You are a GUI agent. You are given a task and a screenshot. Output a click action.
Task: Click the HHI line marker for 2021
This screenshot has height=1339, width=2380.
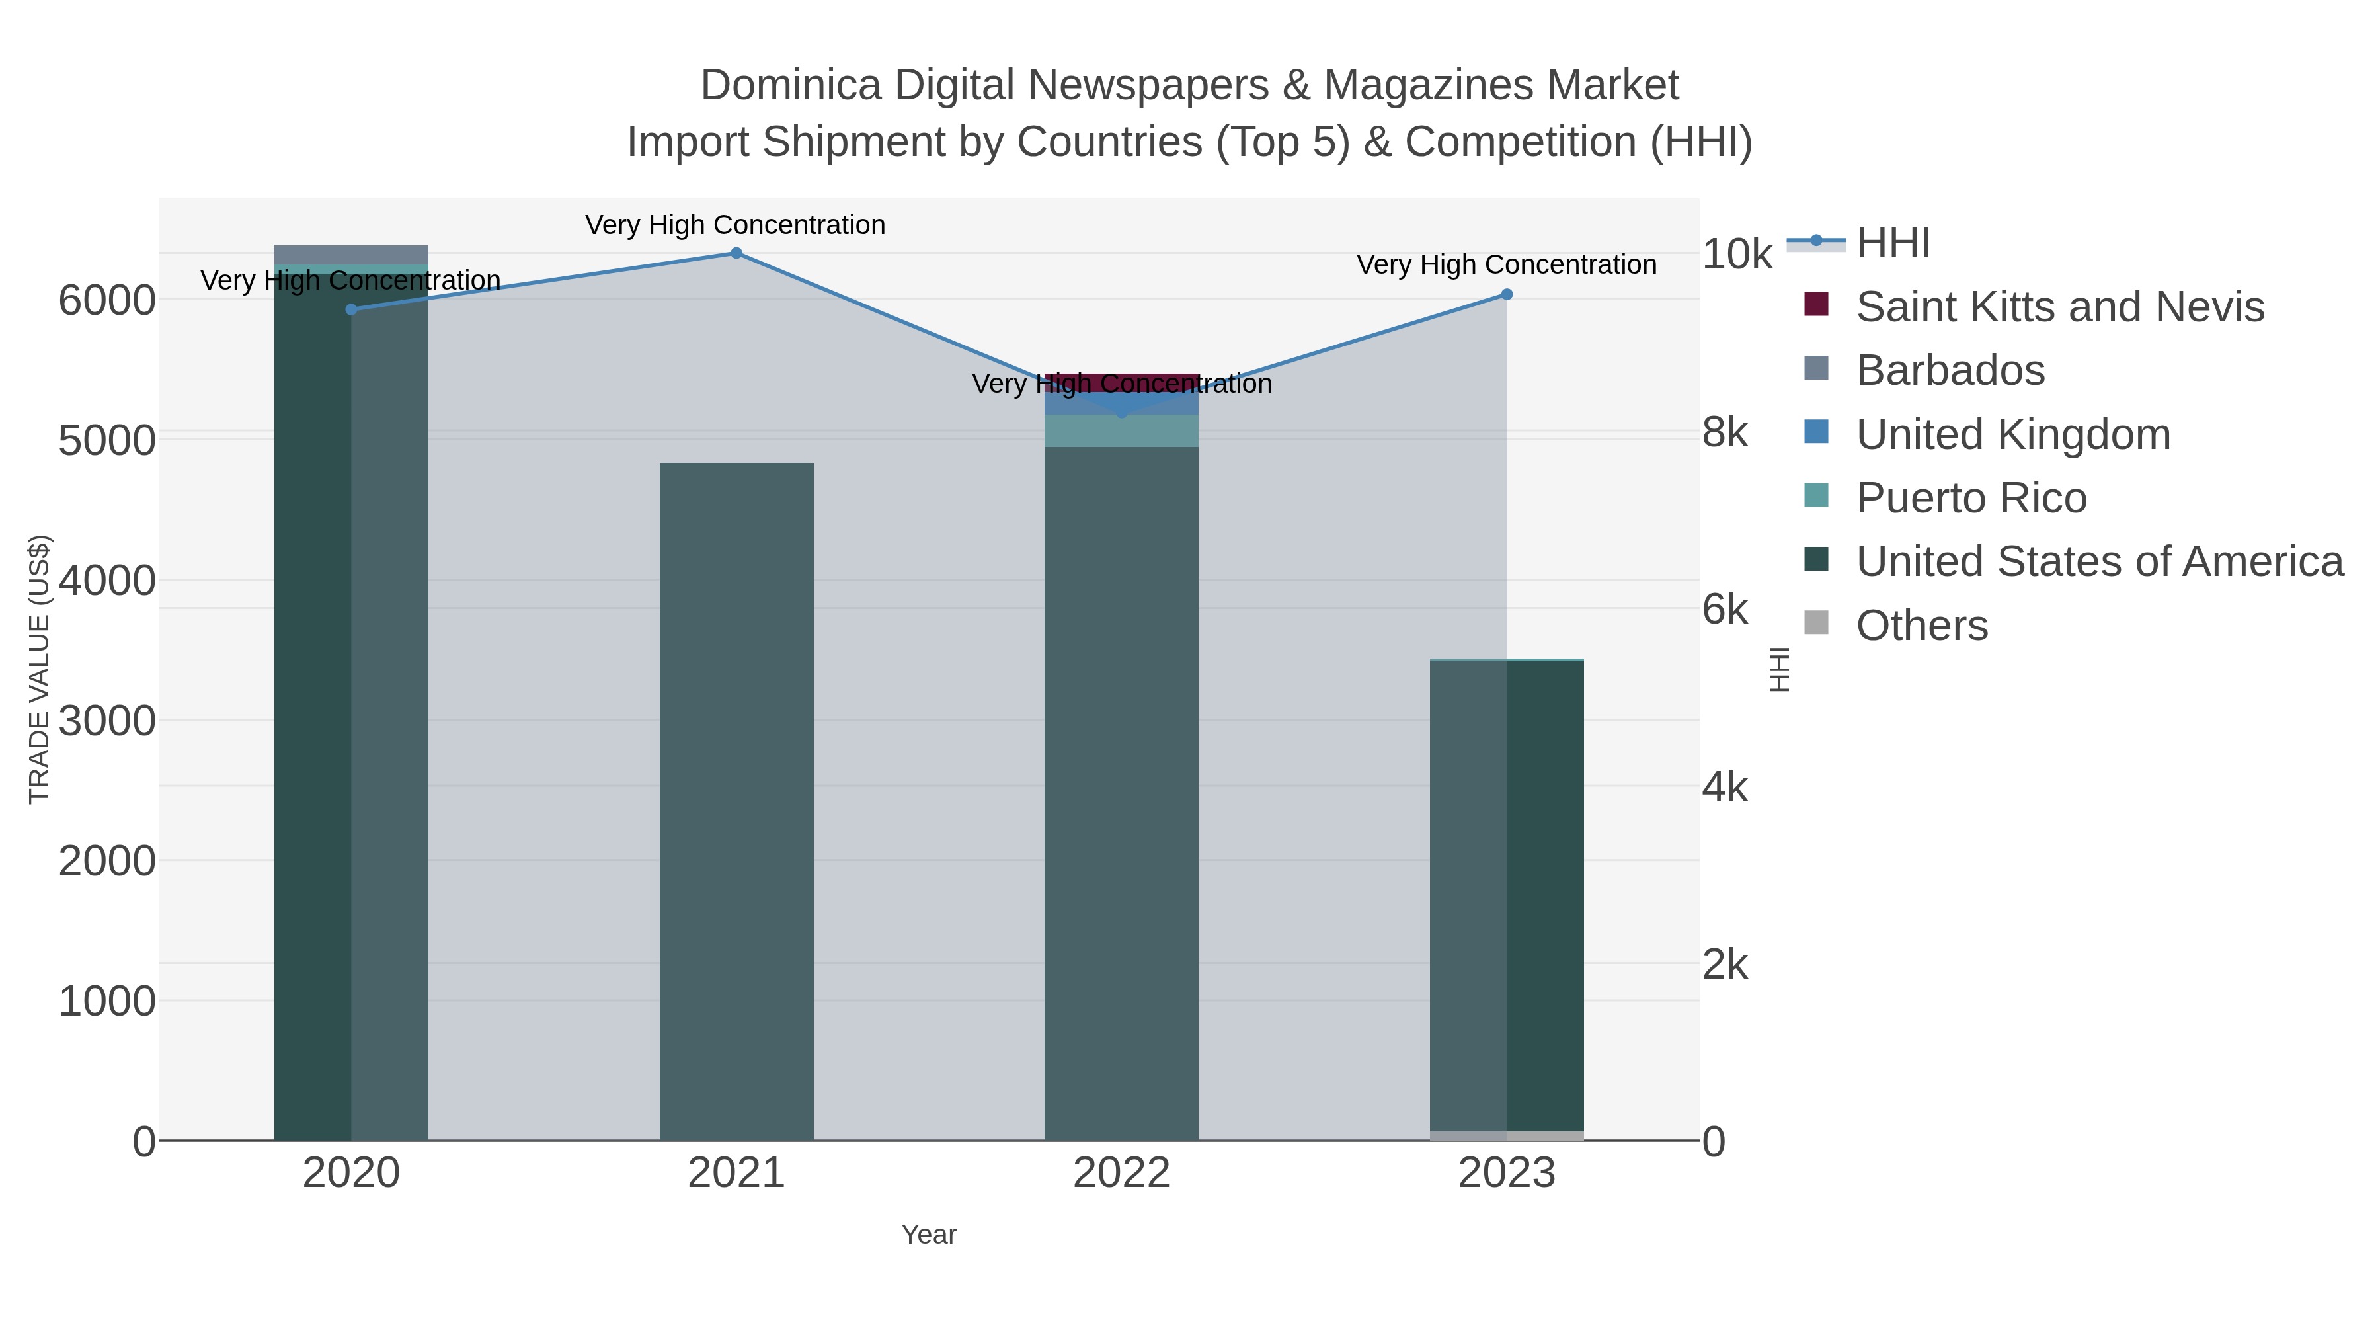(736, 253)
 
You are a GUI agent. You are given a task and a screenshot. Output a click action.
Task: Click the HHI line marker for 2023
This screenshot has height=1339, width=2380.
(1507, 295)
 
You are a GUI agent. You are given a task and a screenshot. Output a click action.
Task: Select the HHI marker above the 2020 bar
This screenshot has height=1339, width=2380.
(351, 309)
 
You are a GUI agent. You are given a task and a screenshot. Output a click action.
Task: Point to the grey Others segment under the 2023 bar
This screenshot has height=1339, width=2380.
(1507, 1136)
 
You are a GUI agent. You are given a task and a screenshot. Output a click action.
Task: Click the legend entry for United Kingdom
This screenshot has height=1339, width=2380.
(2013, 434)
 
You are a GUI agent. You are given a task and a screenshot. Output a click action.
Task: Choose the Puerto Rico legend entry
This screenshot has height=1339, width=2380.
(1971, 498)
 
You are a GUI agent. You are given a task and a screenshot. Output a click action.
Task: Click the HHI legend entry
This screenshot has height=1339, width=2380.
(1892, 243)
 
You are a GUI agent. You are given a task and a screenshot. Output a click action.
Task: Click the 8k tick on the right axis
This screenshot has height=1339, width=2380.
(1725, 432)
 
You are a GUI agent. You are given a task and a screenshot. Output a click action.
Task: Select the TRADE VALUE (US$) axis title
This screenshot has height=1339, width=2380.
(39, 669)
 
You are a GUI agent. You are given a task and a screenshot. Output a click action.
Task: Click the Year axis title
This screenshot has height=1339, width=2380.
(929, 1235)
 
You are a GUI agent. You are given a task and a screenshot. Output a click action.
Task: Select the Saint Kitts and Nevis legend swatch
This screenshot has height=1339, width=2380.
(1817, 305)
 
